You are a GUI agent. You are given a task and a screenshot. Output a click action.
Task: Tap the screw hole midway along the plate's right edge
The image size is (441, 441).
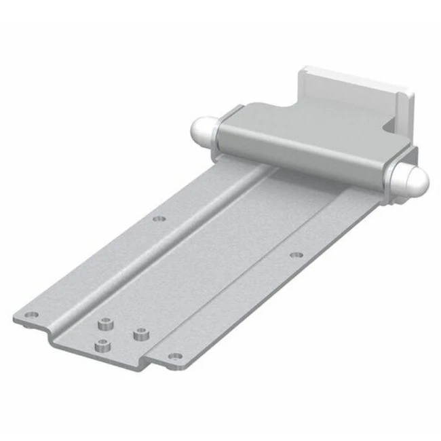click(296, 256)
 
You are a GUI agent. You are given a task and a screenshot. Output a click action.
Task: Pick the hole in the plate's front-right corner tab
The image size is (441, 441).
click(172, 356)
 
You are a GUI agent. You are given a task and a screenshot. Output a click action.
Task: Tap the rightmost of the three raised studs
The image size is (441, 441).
click(140, 334)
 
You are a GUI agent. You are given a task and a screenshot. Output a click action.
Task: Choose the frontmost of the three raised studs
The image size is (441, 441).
click(102, 345)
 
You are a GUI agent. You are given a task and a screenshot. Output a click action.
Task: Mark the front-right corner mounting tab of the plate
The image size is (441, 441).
click(170, 358)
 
